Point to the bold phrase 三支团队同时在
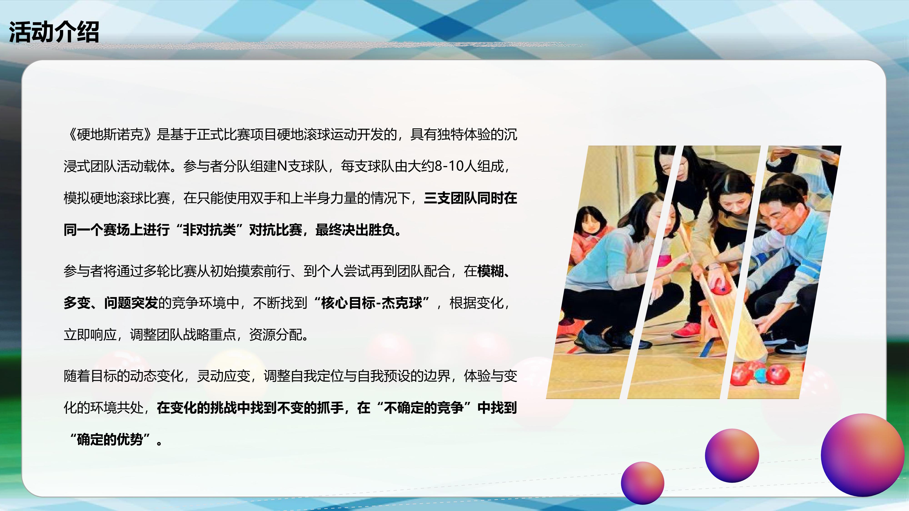tap(470, 198)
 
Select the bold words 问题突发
tap(131, 303)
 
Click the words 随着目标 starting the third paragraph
tap(90, 376)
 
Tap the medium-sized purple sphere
tap(732, 455)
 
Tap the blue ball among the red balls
tap(760, 376)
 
